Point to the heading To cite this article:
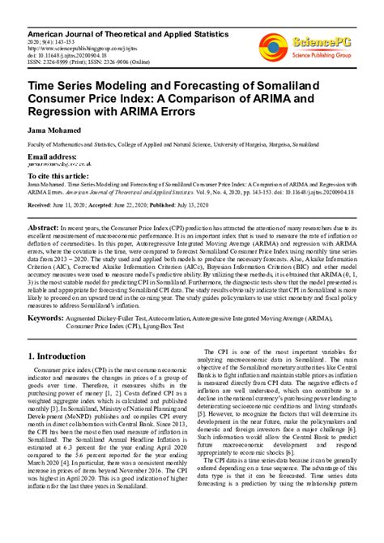62,174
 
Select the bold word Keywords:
51,319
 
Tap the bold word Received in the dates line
43,206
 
